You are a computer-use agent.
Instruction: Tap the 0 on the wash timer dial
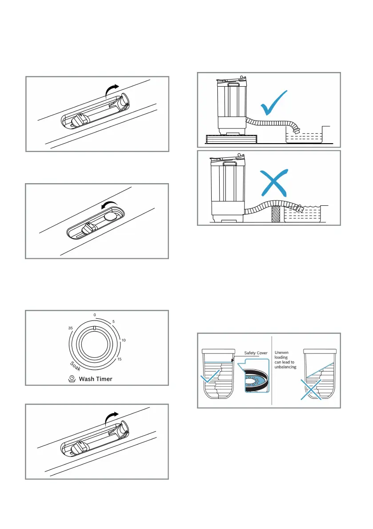click(94, 315)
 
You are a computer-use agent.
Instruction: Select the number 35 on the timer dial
click(70, 328)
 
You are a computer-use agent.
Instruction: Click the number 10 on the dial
click(124, 340)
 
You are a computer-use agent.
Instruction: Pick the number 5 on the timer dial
click(114, 321)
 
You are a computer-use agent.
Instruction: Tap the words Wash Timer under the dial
click(96, 379)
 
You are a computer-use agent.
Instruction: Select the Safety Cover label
click(256, 353)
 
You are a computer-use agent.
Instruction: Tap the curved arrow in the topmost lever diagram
click(114, 89)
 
